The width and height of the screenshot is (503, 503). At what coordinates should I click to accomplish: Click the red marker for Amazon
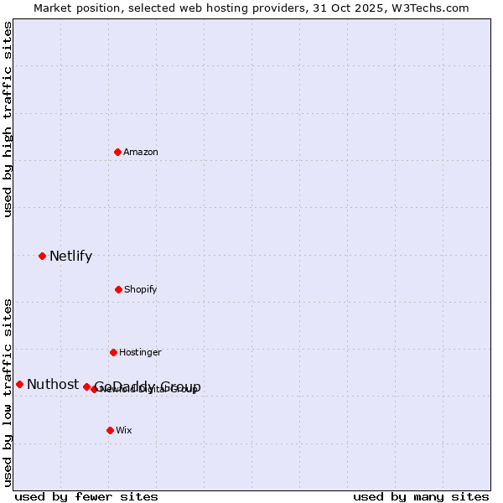tap(118, 152)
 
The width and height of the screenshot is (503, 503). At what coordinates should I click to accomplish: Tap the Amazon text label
tap(141, 153)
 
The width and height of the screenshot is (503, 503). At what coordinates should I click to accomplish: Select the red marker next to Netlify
tap(42, 256)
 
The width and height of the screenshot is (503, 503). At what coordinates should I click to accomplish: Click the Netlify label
tap(70, 257)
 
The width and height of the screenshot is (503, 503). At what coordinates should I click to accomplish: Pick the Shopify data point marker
tap(118, 289)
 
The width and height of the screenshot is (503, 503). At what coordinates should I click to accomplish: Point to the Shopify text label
tap(141, 290)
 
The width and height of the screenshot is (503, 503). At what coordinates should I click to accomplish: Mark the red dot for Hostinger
tap(113, 352)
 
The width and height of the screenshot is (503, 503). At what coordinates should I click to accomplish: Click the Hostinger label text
tap(140, 353)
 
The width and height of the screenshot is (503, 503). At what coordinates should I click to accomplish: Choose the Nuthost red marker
tap(19, 384)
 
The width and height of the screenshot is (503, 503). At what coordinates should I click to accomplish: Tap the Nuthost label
tap(53, 385)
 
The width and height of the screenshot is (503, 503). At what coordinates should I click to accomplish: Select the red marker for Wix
tap(110, 430)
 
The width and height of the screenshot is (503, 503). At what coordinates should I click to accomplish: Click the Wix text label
tap(124, 431)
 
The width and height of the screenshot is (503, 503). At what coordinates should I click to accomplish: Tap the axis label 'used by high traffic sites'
tap(8, 118)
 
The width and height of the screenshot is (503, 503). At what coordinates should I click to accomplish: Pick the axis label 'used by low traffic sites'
tap(8, 392)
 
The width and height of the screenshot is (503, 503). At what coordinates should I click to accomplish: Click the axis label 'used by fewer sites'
tap(86, 496)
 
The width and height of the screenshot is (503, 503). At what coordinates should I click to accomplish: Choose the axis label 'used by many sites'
tap(421, 496)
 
